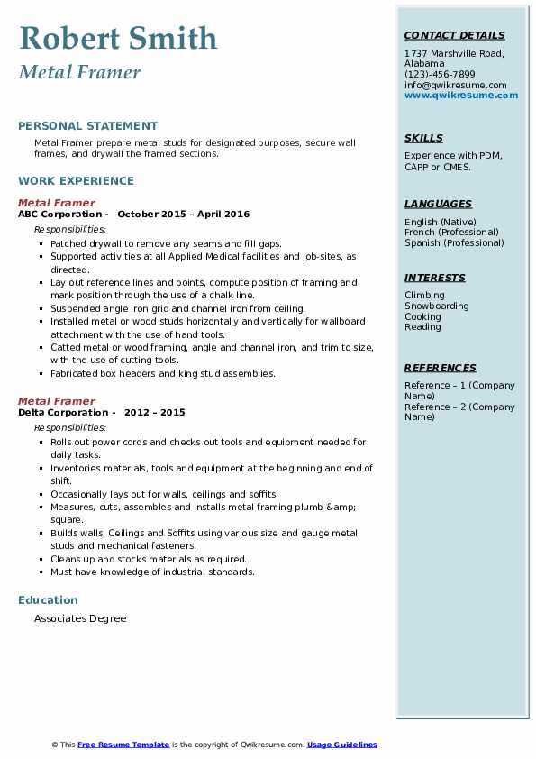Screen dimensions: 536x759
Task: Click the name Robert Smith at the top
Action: pyautogui.click(x=118, y=38)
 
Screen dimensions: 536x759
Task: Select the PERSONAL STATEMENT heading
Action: pyautogui.click(x=87, y=126)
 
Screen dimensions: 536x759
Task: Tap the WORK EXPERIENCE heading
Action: pyautogui.click(x=76, y=180)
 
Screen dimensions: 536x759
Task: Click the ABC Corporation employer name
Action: pyautogui.click(x=59, y=215)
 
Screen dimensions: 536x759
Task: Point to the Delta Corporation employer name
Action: pyautogui.click(x=61, y=413)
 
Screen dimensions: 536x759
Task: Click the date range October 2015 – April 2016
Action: pyautogui.click(x=183, y=215)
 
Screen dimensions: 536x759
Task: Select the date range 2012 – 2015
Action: pyautogui.click(x=156, y=413)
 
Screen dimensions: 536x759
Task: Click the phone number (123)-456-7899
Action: pyautogui.click(x=440, y=75)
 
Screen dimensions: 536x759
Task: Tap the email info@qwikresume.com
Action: pyautogui.click(x=455, y=85)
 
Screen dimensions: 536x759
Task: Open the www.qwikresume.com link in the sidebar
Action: pyautogui.click(x=461, y=96)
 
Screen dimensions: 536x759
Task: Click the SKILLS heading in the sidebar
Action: pyautogui.click(x=423, y=138)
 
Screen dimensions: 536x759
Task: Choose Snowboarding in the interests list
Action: pyautogui.click(x=437, y=306)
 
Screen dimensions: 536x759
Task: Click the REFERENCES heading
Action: pyautogui.click(x=441, y=368)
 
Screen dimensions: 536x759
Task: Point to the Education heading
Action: pyautogui.click(x=48, y=600)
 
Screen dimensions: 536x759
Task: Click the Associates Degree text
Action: pyautogui.click(x=80, y=619)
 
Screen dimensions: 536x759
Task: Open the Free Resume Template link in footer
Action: pyautogui.click(x=123, y=745)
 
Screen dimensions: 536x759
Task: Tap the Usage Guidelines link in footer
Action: pyautogui.click(x=342, y=745)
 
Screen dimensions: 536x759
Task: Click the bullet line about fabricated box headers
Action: pyautogui.click(x=162, y=374)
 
